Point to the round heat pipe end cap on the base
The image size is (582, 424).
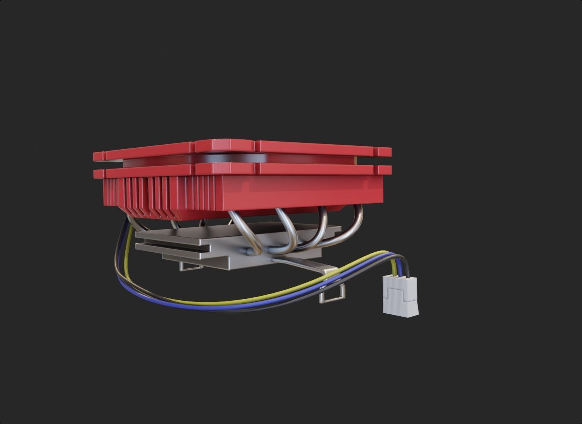tap(249, 251)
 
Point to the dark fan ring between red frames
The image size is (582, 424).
tap(229, 157)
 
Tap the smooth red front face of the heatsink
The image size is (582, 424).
tap(305, 194)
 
